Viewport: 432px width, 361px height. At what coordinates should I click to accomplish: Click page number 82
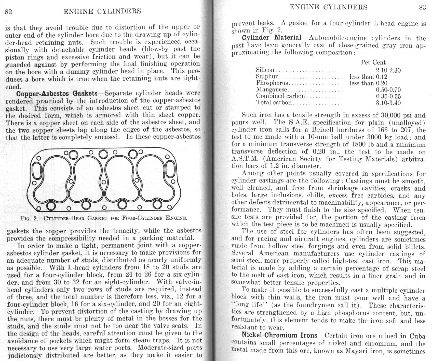tap(8, 12)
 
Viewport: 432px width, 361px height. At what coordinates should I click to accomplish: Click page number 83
tap(422, 7)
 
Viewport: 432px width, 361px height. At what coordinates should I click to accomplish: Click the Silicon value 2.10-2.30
tap(388, 70)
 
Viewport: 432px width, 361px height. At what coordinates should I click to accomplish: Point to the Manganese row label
tap(272, 89)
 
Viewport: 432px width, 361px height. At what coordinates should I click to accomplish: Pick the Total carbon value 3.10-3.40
tap(388, 103)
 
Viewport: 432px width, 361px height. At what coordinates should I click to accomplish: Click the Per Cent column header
tap(373, 63)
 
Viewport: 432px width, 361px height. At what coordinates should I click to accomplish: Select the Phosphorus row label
tap(272, 83)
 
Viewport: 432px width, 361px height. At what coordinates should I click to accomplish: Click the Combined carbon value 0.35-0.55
tap(388, 96)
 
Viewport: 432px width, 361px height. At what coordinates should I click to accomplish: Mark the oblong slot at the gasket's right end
tap(170, 169)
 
